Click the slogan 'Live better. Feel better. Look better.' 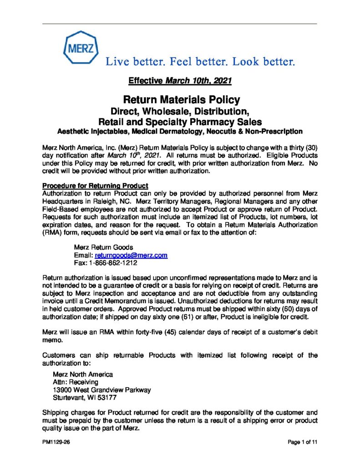pos(201,61)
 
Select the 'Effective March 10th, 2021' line pos(180,81)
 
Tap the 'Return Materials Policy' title pos(180,99)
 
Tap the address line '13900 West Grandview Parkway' pos(102,390)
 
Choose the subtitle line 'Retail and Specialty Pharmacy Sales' pos(180,122)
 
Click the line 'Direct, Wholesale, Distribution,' pos(180,111)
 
